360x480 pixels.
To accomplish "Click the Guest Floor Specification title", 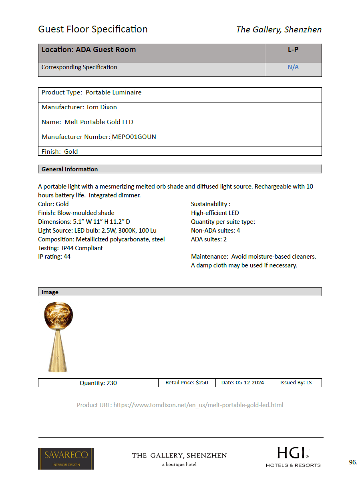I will click(93, 29).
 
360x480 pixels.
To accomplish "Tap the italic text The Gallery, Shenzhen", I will click(279, 29).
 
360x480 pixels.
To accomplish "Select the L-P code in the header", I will click(293, 50).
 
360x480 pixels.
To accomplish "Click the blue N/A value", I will click(293, 67).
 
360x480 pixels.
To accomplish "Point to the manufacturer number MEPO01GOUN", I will click(134, 137).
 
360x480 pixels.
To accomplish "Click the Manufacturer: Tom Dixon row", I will click(79, 107).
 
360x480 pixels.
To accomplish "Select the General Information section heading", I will click(70, 169).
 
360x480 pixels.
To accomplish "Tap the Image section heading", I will click(50, 292).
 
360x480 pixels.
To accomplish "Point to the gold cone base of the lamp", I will click(58, 352).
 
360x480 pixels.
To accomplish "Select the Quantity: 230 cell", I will click(98, 383).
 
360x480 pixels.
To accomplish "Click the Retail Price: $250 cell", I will click(187, 382).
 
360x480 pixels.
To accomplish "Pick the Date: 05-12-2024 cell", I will click(243, 382).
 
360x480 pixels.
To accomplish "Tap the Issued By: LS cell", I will click(296, 382).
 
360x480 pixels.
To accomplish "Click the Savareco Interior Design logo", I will click(66, 458).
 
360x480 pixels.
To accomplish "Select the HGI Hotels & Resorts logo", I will click(293, 457).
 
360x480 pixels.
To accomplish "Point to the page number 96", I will click(353, 462).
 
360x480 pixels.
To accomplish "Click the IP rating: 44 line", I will click(54, 257).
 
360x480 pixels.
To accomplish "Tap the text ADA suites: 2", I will click(209, 239).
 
